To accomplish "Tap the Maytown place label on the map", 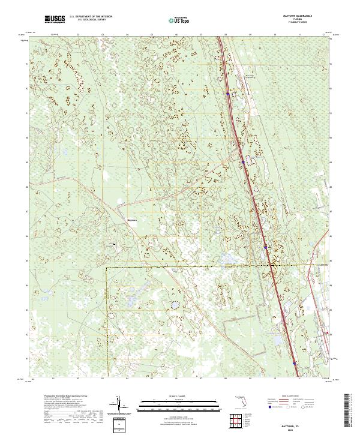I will pos(132,219).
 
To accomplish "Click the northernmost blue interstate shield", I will pos(228,94).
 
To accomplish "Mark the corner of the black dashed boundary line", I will pos(107,268).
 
